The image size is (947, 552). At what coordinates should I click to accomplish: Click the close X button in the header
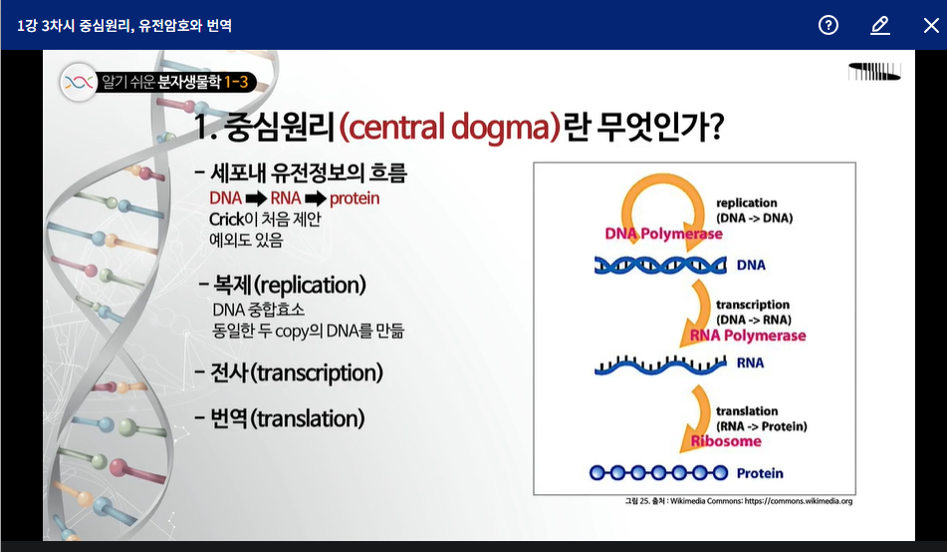point(931,25)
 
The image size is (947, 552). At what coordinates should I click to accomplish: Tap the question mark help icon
point(829,25)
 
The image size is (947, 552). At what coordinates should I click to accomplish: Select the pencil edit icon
point(880,25)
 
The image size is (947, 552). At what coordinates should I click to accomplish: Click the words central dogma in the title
point(449,127)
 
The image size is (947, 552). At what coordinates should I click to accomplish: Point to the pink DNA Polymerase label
point(664,233)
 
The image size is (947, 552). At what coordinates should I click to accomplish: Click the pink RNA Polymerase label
point(748,336)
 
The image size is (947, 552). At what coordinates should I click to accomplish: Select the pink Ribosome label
point(726,440)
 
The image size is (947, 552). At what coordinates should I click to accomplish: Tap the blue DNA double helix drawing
point(660,265)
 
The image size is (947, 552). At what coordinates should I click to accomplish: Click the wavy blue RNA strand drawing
point(660,365)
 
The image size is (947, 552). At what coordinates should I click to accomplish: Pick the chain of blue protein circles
point(659,473)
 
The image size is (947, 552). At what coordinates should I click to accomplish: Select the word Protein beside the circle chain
point(760,473)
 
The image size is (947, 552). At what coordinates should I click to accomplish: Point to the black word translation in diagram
point(747,412)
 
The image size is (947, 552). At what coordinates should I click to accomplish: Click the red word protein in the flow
point(355,198)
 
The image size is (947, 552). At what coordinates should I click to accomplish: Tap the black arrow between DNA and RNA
point(256,198)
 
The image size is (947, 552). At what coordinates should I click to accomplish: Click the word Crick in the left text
point(226,219)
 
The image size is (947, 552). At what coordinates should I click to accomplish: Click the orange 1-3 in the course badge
point(236,83)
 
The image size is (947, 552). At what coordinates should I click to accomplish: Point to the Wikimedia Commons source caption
point(739,501)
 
